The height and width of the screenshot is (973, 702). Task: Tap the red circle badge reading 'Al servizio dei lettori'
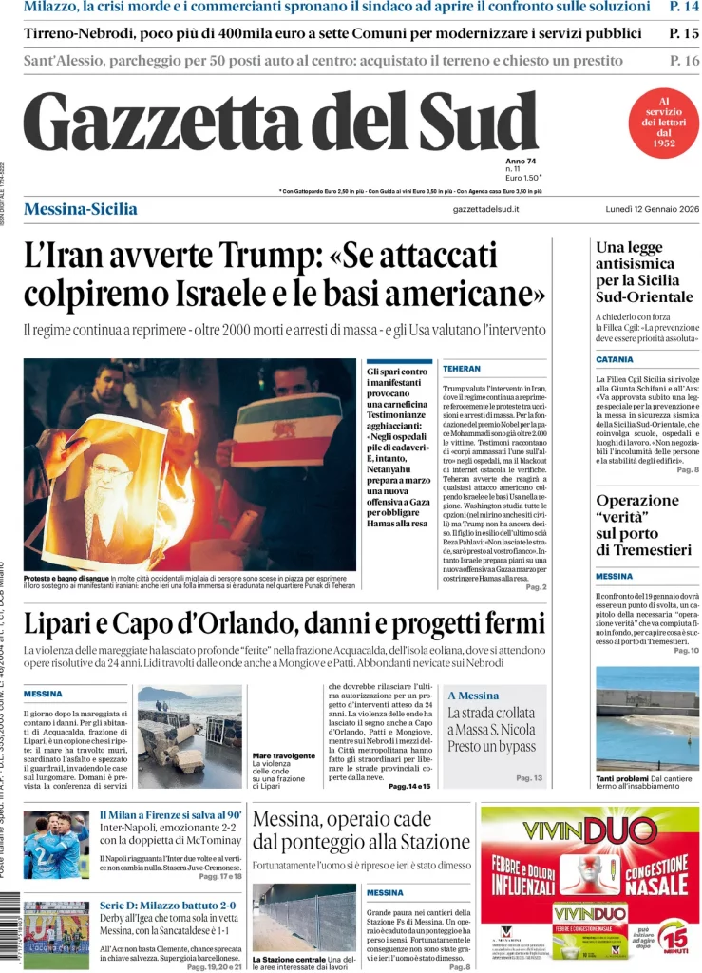click(664, 123)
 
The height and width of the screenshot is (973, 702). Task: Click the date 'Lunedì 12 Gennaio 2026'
click(653, 209)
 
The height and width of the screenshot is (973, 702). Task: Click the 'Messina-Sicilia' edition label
click(80, 209)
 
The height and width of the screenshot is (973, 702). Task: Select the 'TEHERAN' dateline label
click(461, 367)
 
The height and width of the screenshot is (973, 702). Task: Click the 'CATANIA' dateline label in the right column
click(615, 360)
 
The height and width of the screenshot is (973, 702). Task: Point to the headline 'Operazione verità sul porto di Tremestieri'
click(643, 525)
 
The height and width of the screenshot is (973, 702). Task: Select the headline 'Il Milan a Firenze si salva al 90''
click(170, 814)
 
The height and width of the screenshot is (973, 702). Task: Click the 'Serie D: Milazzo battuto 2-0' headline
click(167, 906)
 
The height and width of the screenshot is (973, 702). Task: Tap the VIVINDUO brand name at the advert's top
click(589, 830)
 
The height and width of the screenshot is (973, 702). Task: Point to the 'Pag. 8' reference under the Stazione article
click(460, 966)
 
